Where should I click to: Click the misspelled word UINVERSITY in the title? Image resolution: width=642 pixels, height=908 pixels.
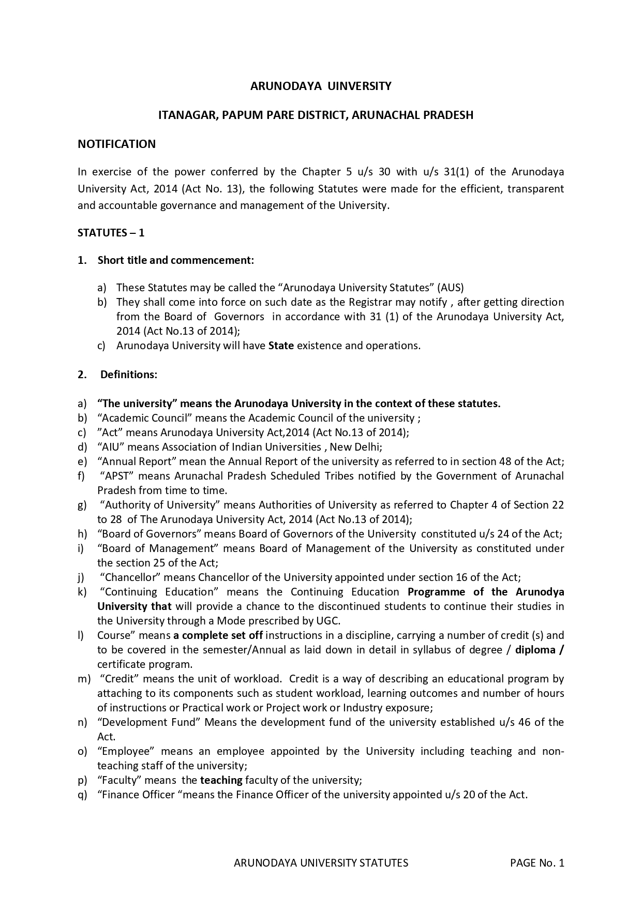pos(360,86)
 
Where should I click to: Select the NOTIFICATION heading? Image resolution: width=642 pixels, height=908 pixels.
pos(116,144)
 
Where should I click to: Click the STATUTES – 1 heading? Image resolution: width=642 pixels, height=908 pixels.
pos(111,233)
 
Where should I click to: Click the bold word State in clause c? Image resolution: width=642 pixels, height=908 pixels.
pos(281,346)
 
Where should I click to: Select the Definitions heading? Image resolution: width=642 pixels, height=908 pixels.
pos(129,375)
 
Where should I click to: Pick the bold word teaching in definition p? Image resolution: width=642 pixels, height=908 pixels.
pos(221,780)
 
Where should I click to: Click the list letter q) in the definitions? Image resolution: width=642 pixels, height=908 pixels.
pos(82,795)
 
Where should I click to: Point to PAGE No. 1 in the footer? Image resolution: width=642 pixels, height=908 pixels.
pos(537,863)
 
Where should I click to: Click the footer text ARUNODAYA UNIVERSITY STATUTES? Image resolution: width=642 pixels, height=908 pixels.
pos(321,863)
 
